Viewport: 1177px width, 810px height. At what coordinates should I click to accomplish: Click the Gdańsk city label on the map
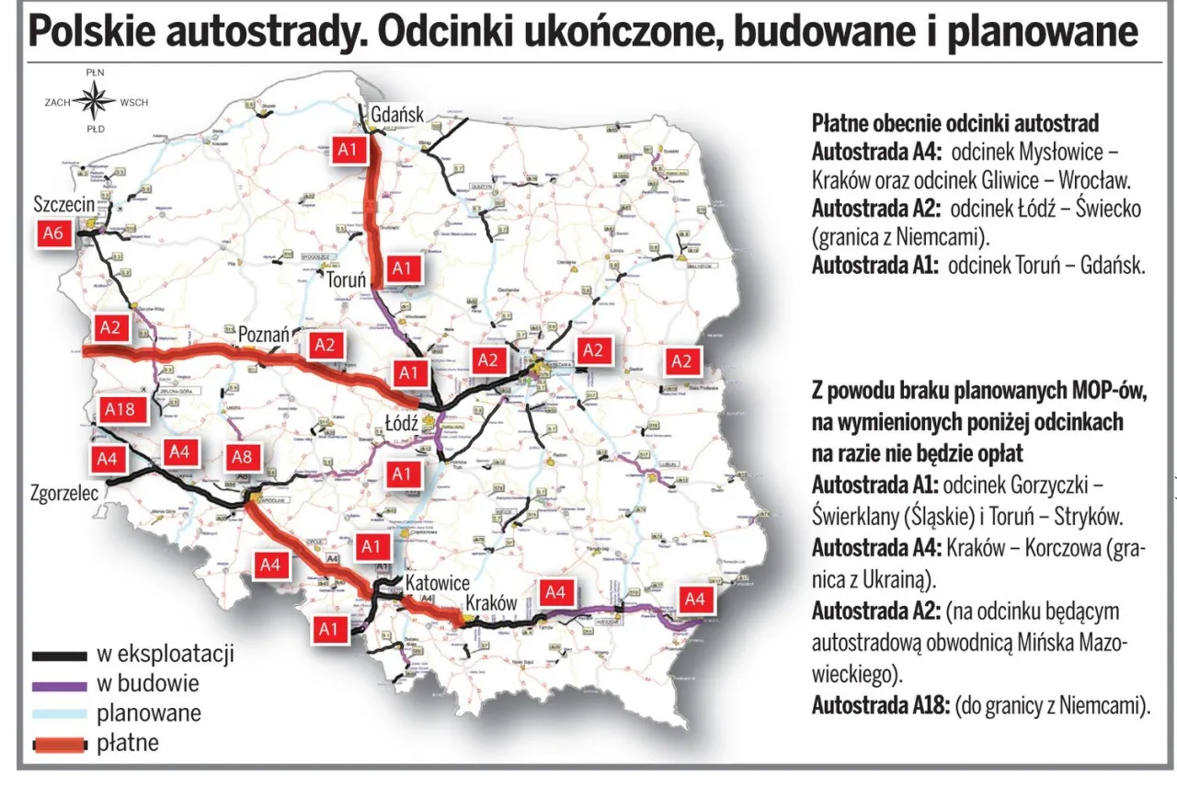point(397,115)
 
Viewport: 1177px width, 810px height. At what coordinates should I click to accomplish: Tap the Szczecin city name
point(63,204)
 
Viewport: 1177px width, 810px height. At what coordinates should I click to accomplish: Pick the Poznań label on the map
point(264,335)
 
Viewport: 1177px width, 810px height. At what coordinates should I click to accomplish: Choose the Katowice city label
point(438,583)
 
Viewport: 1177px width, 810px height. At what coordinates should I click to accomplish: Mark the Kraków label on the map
point(491,603)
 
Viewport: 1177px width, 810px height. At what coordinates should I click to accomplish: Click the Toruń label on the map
point(347,281)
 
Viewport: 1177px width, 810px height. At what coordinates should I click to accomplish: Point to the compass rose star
point(95,100)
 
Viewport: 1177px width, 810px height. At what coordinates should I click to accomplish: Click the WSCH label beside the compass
point(134,101)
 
